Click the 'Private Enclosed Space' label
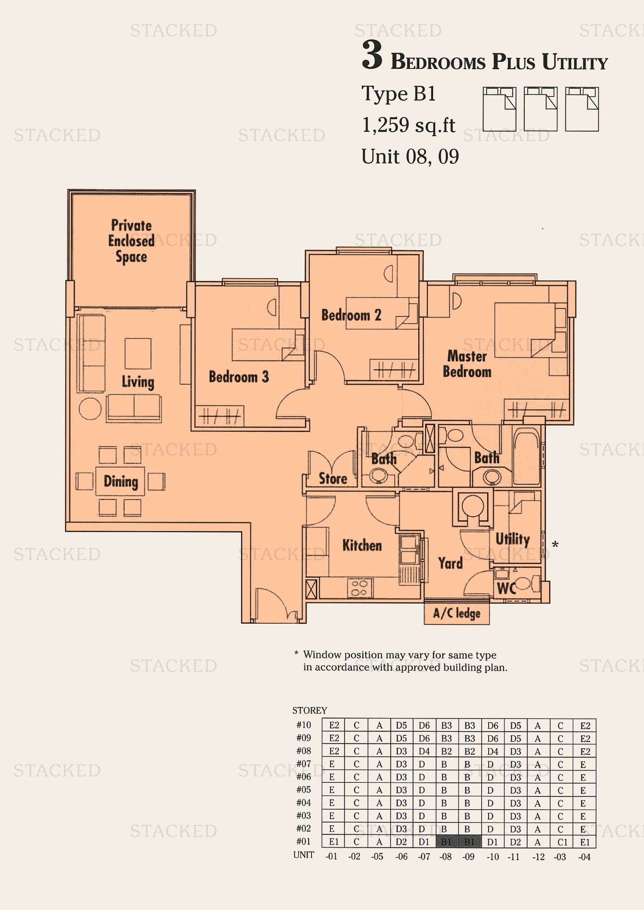[131, 241]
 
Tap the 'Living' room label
[137, 382]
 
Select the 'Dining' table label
[121, 481]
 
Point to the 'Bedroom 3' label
[239, 377]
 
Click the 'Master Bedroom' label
[467, 364]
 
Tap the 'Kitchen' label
[362, 545]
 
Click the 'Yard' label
[450, 563]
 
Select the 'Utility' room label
[512, 539]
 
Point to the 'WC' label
[507, 589]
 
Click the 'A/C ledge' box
[456, 614]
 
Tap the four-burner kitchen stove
[360, 588]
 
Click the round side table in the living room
[90, 409]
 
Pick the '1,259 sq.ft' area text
[408, 125]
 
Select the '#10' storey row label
[304, 725]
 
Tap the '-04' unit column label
[584, 857]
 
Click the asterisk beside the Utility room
[555, 545]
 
